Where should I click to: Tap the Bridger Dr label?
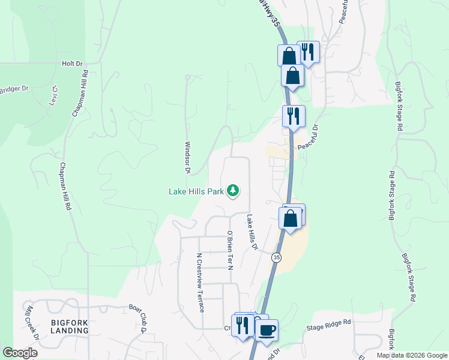[14, 89]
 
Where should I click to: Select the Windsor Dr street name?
[187, 157]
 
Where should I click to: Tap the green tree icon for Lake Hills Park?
[233, 191]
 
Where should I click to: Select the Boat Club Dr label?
[138, 318]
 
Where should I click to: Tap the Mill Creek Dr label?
[31, 323]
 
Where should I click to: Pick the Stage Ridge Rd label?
[328, 323]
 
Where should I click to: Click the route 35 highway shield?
[276, 257]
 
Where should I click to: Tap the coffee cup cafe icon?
[267, 329]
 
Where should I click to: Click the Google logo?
[20, 353]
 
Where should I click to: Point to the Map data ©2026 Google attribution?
[412, 355]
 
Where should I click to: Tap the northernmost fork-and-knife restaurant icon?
[309, 52]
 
